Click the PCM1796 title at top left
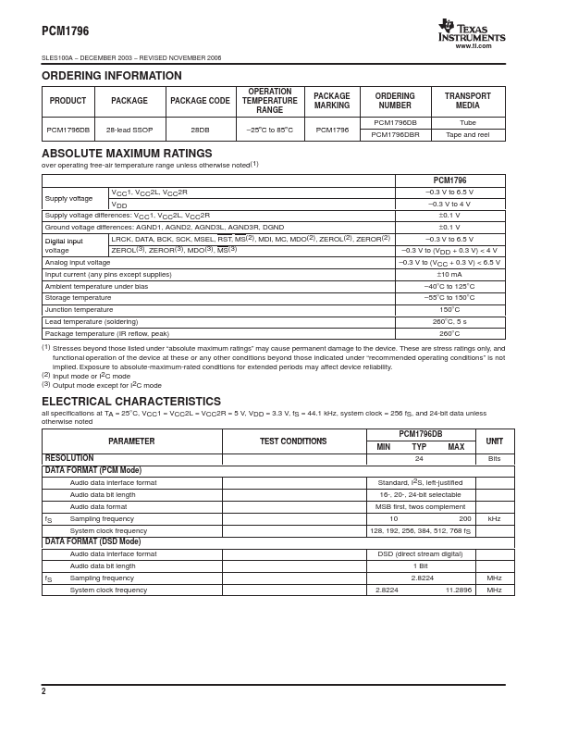click(x=65, y=31)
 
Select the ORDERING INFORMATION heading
click(x=112, y=76)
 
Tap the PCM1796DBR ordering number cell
click(x=395, y=134)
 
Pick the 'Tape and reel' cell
click(x=468, y=134)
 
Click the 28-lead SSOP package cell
click(x=129, y=129)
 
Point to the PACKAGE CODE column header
click(x=199, y=101)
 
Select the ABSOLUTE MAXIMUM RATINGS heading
click(x=127, y=154)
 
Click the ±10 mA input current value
click(x=449, y=274)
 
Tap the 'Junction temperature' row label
click(x=80, y=310)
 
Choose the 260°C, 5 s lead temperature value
click(x=449, y=322)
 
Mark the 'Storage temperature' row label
click(x=79, y=298)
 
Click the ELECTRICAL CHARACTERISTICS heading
click(x=131, y=402)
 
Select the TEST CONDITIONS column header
click(x=293, y=441)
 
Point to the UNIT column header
click(x=495, y=441)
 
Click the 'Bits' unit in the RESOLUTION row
click(x=495, y=459)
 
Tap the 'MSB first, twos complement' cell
click(x=421, y=507)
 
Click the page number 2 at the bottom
click(x=43, y=691)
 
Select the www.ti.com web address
click(x=474, y=45)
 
